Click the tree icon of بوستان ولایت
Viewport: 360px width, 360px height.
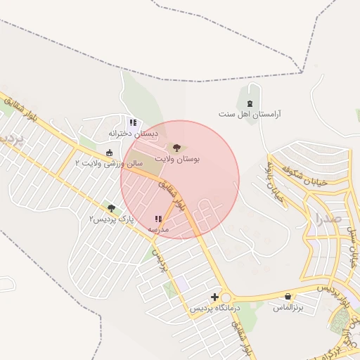(176, 148)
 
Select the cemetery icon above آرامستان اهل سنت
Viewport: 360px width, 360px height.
(250, 103)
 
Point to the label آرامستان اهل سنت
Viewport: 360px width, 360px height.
(249, 114)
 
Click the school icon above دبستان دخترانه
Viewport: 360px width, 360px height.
(133, 122)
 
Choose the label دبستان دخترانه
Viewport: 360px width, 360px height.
(134, 133)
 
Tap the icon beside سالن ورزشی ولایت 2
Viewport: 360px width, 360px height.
(108, 153)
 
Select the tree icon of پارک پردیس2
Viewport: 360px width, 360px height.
(111, 208)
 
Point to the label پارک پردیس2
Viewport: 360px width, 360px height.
(111, 219)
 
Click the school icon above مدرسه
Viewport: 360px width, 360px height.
(158, 219)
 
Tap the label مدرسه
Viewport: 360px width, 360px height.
(158, 230)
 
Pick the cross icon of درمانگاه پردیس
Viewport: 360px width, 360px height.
(214, 297)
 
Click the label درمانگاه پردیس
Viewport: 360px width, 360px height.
(214, 308)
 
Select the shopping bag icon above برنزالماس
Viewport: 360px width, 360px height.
(288, 297)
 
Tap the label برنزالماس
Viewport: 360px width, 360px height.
(288, 308)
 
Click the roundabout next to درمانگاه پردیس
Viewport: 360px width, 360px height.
(226, 297)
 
